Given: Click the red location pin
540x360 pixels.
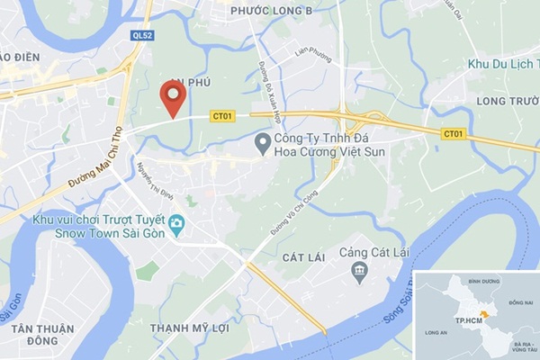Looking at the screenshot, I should (x=173, y=97).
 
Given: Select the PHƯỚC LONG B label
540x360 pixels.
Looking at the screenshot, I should (x=271, y=11).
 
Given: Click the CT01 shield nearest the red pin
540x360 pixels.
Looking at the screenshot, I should (x=222, y=116).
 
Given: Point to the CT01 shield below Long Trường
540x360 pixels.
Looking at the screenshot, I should (x=454, y=134).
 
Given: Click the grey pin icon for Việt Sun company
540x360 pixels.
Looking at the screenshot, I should (x=263, y=142).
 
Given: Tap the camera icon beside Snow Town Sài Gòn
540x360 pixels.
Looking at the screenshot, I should (x=176, y=223).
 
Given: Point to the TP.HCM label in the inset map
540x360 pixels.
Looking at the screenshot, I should (x=467, y=319).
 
